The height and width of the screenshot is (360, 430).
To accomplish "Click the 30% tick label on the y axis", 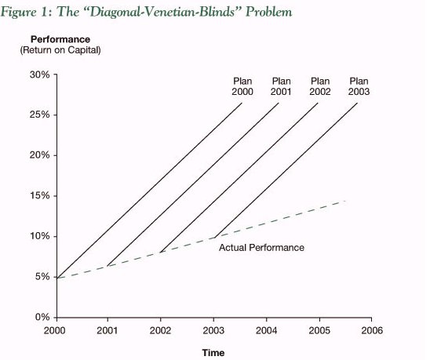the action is click(40, 75).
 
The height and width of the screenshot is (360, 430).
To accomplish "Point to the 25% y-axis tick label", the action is click(40, 115).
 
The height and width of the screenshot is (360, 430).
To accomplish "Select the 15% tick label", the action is click(40, 196).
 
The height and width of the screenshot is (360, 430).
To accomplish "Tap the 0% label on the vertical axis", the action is click(42, 317).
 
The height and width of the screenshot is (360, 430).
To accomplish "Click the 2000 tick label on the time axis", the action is click(54, 331).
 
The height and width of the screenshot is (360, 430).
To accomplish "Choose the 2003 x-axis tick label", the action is click(213, 331).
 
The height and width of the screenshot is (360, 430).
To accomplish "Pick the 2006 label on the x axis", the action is click(372, 331).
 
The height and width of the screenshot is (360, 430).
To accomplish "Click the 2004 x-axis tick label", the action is click(266, 331).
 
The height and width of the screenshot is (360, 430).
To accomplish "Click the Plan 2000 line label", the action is click(242, 86).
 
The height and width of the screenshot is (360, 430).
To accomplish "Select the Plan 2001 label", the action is click(281, 86).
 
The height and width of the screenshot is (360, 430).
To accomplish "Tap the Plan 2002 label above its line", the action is click(320, 86).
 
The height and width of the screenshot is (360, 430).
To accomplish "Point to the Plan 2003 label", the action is click(359, 86).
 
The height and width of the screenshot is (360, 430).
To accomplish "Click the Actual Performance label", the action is click(261, 248).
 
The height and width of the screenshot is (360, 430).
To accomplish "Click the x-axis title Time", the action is click(213, 353).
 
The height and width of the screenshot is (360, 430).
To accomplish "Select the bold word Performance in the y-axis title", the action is click(60, 39).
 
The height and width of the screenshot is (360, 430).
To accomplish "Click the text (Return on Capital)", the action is click(60, 50).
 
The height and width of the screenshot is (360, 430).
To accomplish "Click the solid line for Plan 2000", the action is click(149, 191).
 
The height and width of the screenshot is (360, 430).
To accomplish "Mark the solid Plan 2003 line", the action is click(286, 170).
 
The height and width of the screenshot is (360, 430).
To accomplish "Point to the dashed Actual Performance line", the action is click(202, 241).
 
